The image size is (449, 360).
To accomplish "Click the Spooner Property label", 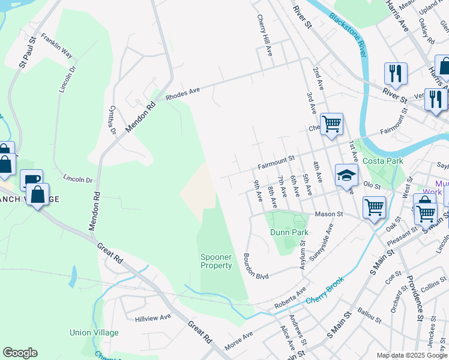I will [216, 261].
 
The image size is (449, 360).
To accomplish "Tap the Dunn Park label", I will [290, 232].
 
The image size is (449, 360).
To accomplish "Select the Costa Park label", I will [383, 161].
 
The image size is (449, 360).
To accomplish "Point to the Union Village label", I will [94, 332].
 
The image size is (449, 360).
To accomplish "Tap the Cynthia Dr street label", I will [111, 119].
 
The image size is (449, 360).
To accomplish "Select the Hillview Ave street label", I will [153, 317].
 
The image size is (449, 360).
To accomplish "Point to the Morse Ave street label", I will [238, 341].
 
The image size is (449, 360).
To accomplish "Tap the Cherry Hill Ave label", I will [265, 35].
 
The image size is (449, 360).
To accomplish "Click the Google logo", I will [20, 353].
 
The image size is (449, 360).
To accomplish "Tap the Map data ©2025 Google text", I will [411, 355].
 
